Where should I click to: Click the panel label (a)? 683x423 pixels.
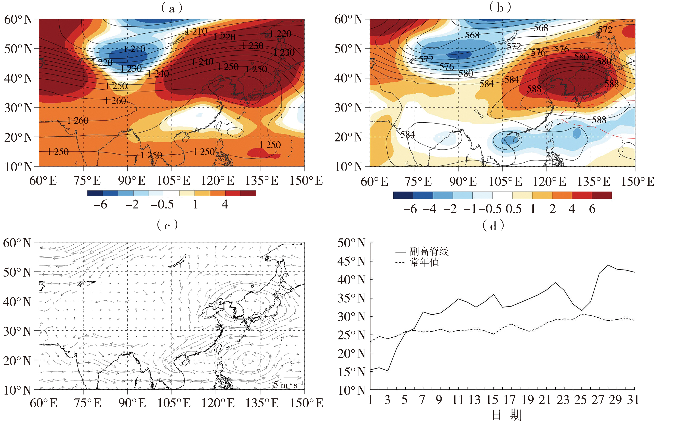pos(172,8)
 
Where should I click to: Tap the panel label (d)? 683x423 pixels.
pos(493,225)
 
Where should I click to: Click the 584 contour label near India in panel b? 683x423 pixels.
pos(407,134)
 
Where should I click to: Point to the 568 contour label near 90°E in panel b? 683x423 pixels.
pos(472,35)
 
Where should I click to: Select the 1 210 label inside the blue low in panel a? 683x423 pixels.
pos(135,49)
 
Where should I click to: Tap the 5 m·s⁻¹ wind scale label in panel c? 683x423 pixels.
pos(288,385)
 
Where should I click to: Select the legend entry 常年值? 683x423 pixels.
pos(424,262)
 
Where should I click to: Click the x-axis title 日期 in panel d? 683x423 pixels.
pos(507,415)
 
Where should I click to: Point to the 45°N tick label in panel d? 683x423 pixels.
pos(351,261)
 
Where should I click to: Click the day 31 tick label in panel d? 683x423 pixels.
pos(633,400)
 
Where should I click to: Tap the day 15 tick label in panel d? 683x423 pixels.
pos(492,400)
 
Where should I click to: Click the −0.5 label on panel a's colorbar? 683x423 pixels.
pos(162,204)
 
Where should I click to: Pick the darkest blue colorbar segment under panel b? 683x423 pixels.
pos(403,195)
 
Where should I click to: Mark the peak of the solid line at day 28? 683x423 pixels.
pos(608,265)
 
